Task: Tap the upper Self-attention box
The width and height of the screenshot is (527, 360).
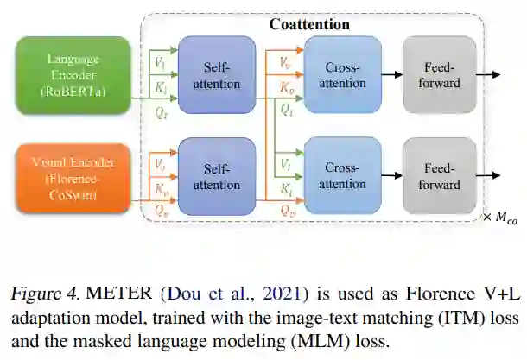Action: pos(216,76)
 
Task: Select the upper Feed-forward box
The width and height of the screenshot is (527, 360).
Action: pos(441,75)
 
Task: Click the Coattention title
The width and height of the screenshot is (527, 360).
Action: pos(309,24)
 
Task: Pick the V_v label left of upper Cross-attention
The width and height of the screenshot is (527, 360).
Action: pos(286,63)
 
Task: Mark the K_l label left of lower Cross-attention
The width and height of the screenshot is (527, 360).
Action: pos(286,187)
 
